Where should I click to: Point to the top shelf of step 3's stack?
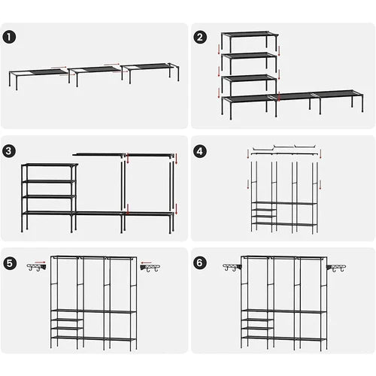(49, 165)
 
